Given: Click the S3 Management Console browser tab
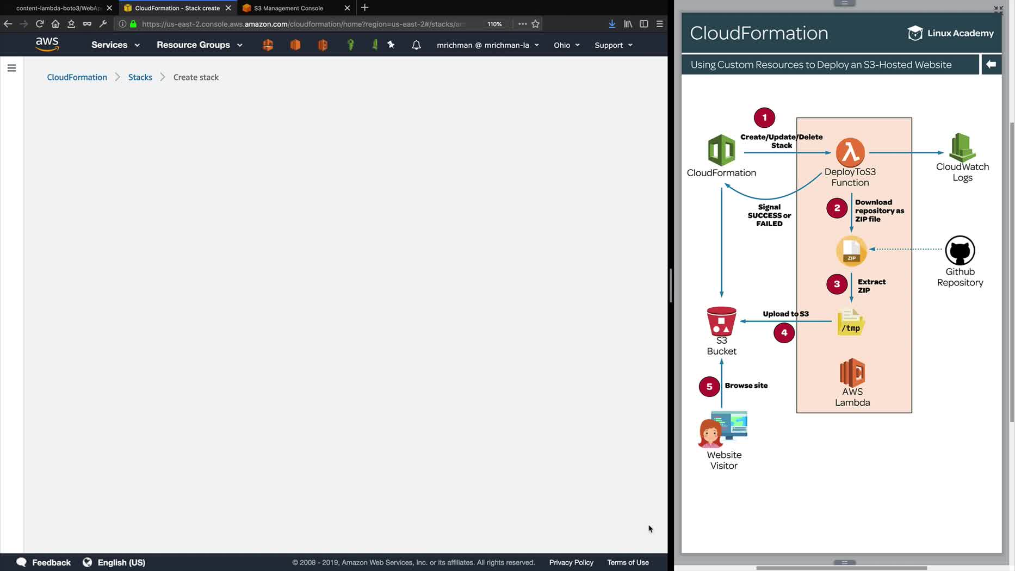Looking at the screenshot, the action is [288, 8].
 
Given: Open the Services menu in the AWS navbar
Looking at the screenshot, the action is [115, 45].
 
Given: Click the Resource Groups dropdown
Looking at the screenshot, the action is [199, 45].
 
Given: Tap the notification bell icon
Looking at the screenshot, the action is [416, 45].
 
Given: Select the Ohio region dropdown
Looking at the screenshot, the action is [566, 45].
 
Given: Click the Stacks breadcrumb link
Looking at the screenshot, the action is [140, 77].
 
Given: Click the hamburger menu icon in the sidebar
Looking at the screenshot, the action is [11, 68].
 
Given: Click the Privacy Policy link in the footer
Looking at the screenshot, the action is [571, 562].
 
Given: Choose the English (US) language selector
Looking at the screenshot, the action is [114, 562].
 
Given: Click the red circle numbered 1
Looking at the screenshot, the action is [764, 117].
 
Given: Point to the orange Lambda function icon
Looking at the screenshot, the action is [850, 152].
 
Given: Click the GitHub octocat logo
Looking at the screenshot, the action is [960, 250].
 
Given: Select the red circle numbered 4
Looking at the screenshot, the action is [784, 333].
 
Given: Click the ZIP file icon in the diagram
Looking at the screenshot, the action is [851, 251].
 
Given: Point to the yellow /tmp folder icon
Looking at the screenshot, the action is [851, 322].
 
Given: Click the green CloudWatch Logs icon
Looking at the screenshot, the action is [962, 147].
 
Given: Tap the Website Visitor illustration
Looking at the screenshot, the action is [723, 430].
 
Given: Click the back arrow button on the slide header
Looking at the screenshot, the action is [991, 64].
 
